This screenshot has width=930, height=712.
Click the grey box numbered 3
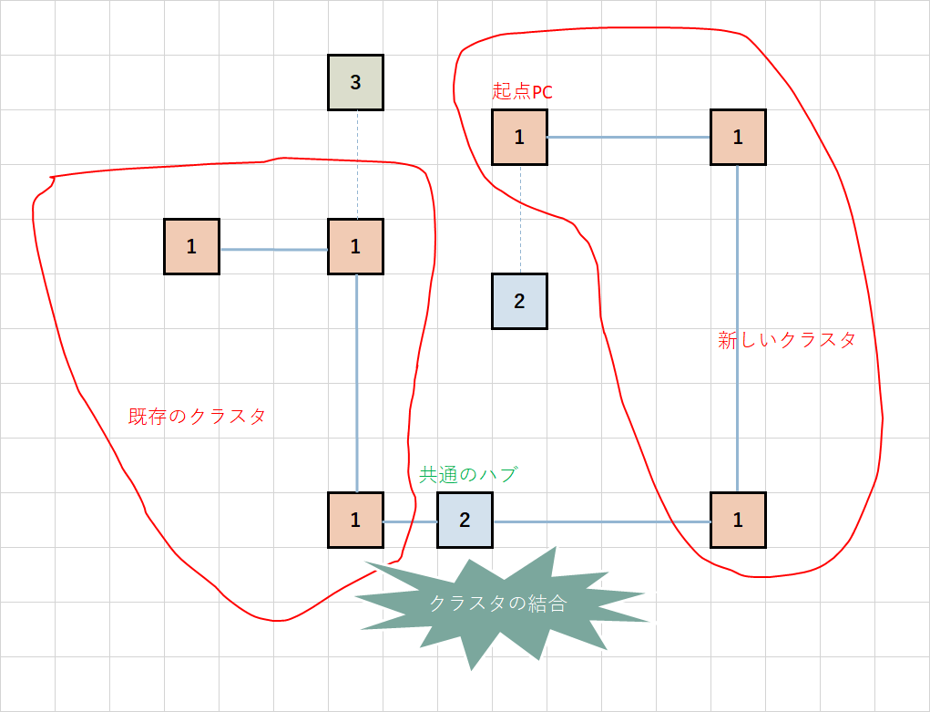coord(355,83)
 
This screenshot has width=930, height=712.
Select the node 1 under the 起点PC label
coord(519,138)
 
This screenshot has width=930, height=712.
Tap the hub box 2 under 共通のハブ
coord(465,521)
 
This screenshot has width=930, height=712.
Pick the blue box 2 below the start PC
coord(519,302)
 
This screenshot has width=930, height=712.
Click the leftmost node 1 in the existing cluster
coord(191,247)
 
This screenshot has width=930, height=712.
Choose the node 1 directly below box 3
coord(355,247)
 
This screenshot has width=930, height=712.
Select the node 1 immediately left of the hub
coord(355,521)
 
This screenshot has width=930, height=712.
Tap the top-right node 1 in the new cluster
coord(738,138)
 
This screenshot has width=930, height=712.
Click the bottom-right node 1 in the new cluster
coord(738,521)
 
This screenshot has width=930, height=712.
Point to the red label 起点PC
coord(522,91)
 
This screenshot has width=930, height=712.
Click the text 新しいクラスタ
coord(787,340)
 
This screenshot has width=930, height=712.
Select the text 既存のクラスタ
coord(197,417)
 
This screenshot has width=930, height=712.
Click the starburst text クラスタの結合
coord(498,604)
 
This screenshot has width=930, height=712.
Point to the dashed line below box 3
coord(356,165)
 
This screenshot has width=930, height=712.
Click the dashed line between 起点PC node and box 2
coord(520,219)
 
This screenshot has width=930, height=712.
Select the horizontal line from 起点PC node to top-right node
coord(629,138)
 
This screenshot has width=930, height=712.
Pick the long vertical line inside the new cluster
coord(737,328)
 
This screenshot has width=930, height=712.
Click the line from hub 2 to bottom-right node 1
coord(601,521)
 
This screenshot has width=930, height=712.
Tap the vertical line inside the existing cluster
coord(356,383)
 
